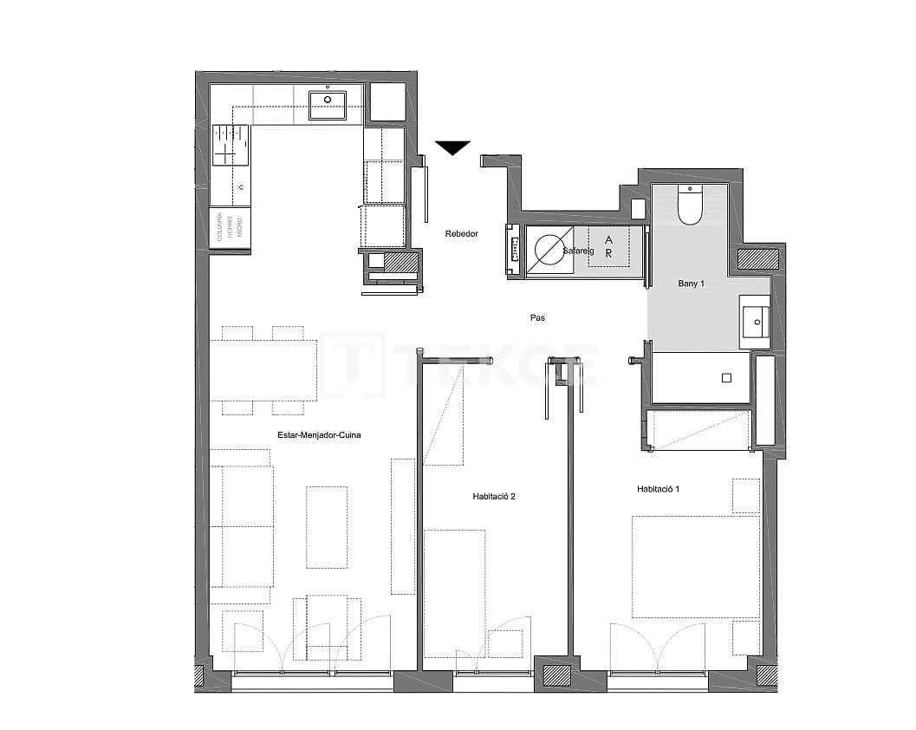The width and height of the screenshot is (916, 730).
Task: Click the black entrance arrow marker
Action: (452, 148)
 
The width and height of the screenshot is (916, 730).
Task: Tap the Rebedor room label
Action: (461, 233)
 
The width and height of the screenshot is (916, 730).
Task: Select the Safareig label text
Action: (578, 251)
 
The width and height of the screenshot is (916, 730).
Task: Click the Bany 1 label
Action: (690, 283)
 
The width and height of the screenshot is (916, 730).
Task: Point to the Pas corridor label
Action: (537, 318)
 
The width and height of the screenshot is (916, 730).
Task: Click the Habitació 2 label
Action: (494, 497)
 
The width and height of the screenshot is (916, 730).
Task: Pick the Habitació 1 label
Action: (658, 489)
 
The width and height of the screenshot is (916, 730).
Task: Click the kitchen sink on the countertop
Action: (328, 106)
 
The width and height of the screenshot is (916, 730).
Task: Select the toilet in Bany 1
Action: (690, 205)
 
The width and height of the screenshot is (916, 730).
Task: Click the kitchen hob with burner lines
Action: (231, 145)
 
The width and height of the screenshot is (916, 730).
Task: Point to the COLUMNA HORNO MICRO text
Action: (230, 227)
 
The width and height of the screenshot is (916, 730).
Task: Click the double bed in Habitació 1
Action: (695, 567)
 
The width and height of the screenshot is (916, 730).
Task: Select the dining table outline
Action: (263, 370)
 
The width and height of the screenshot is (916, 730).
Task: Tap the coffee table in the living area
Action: (326, 526)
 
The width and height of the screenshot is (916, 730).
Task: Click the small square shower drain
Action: (726, 377)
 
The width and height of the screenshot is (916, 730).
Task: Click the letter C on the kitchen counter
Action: (241, 187)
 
